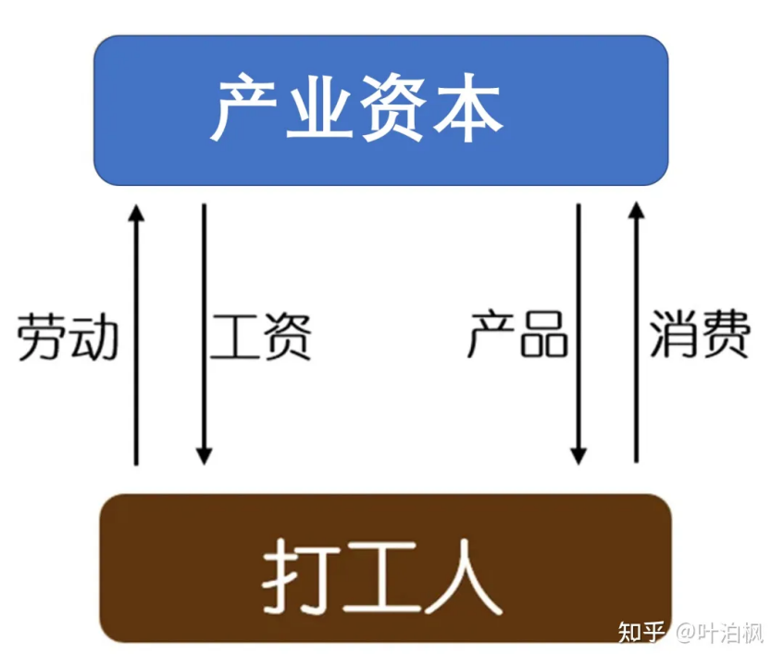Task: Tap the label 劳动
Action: (x=68, y=337)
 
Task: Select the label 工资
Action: (x=261, y=337)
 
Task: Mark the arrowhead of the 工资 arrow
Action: (x=205, y=456)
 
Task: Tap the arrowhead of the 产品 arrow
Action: (x=579, y=456)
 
